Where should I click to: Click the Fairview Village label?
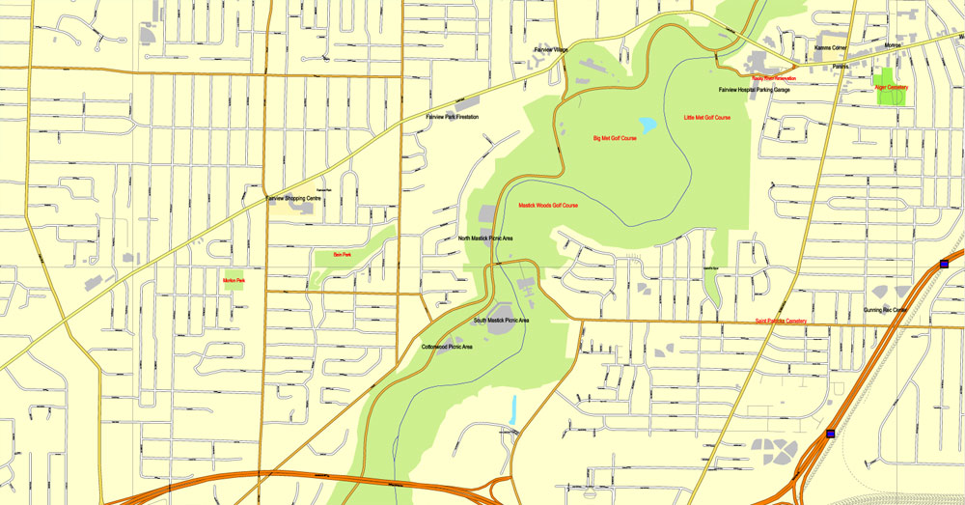point(552,49)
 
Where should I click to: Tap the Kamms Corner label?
point(830,48)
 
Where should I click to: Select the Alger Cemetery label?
point(891,87)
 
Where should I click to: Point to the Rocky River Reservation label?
point(774,78)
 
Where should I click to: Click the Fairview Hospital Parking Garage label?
point(754,90)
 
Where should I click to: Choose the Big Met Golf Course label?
point(615,138)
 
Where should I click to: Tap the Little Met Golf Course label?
point(707,118)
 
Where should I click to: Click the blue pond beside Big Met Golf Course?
point(647,125)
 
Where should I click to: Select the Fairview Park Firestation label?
point(453,117)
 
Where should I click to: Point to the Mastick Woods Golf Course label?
point(548,205)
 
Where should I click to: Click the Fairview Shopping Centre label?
point(293,198)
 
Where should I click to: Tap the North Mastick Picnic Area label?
point(485,238)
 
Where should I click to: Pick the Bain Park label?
point(342,255)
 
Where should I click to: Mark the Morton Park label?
point(234,281)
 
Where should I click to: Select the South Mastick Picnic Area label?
point(501,321)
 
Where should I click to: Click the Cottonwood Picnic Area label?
point(447,347)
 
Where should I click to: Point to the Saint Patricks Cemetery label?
point(781,322)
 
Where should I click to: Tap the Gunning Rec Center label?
point(885,310)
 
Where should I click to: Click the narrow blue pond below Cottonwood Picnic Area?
point(513,409)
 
